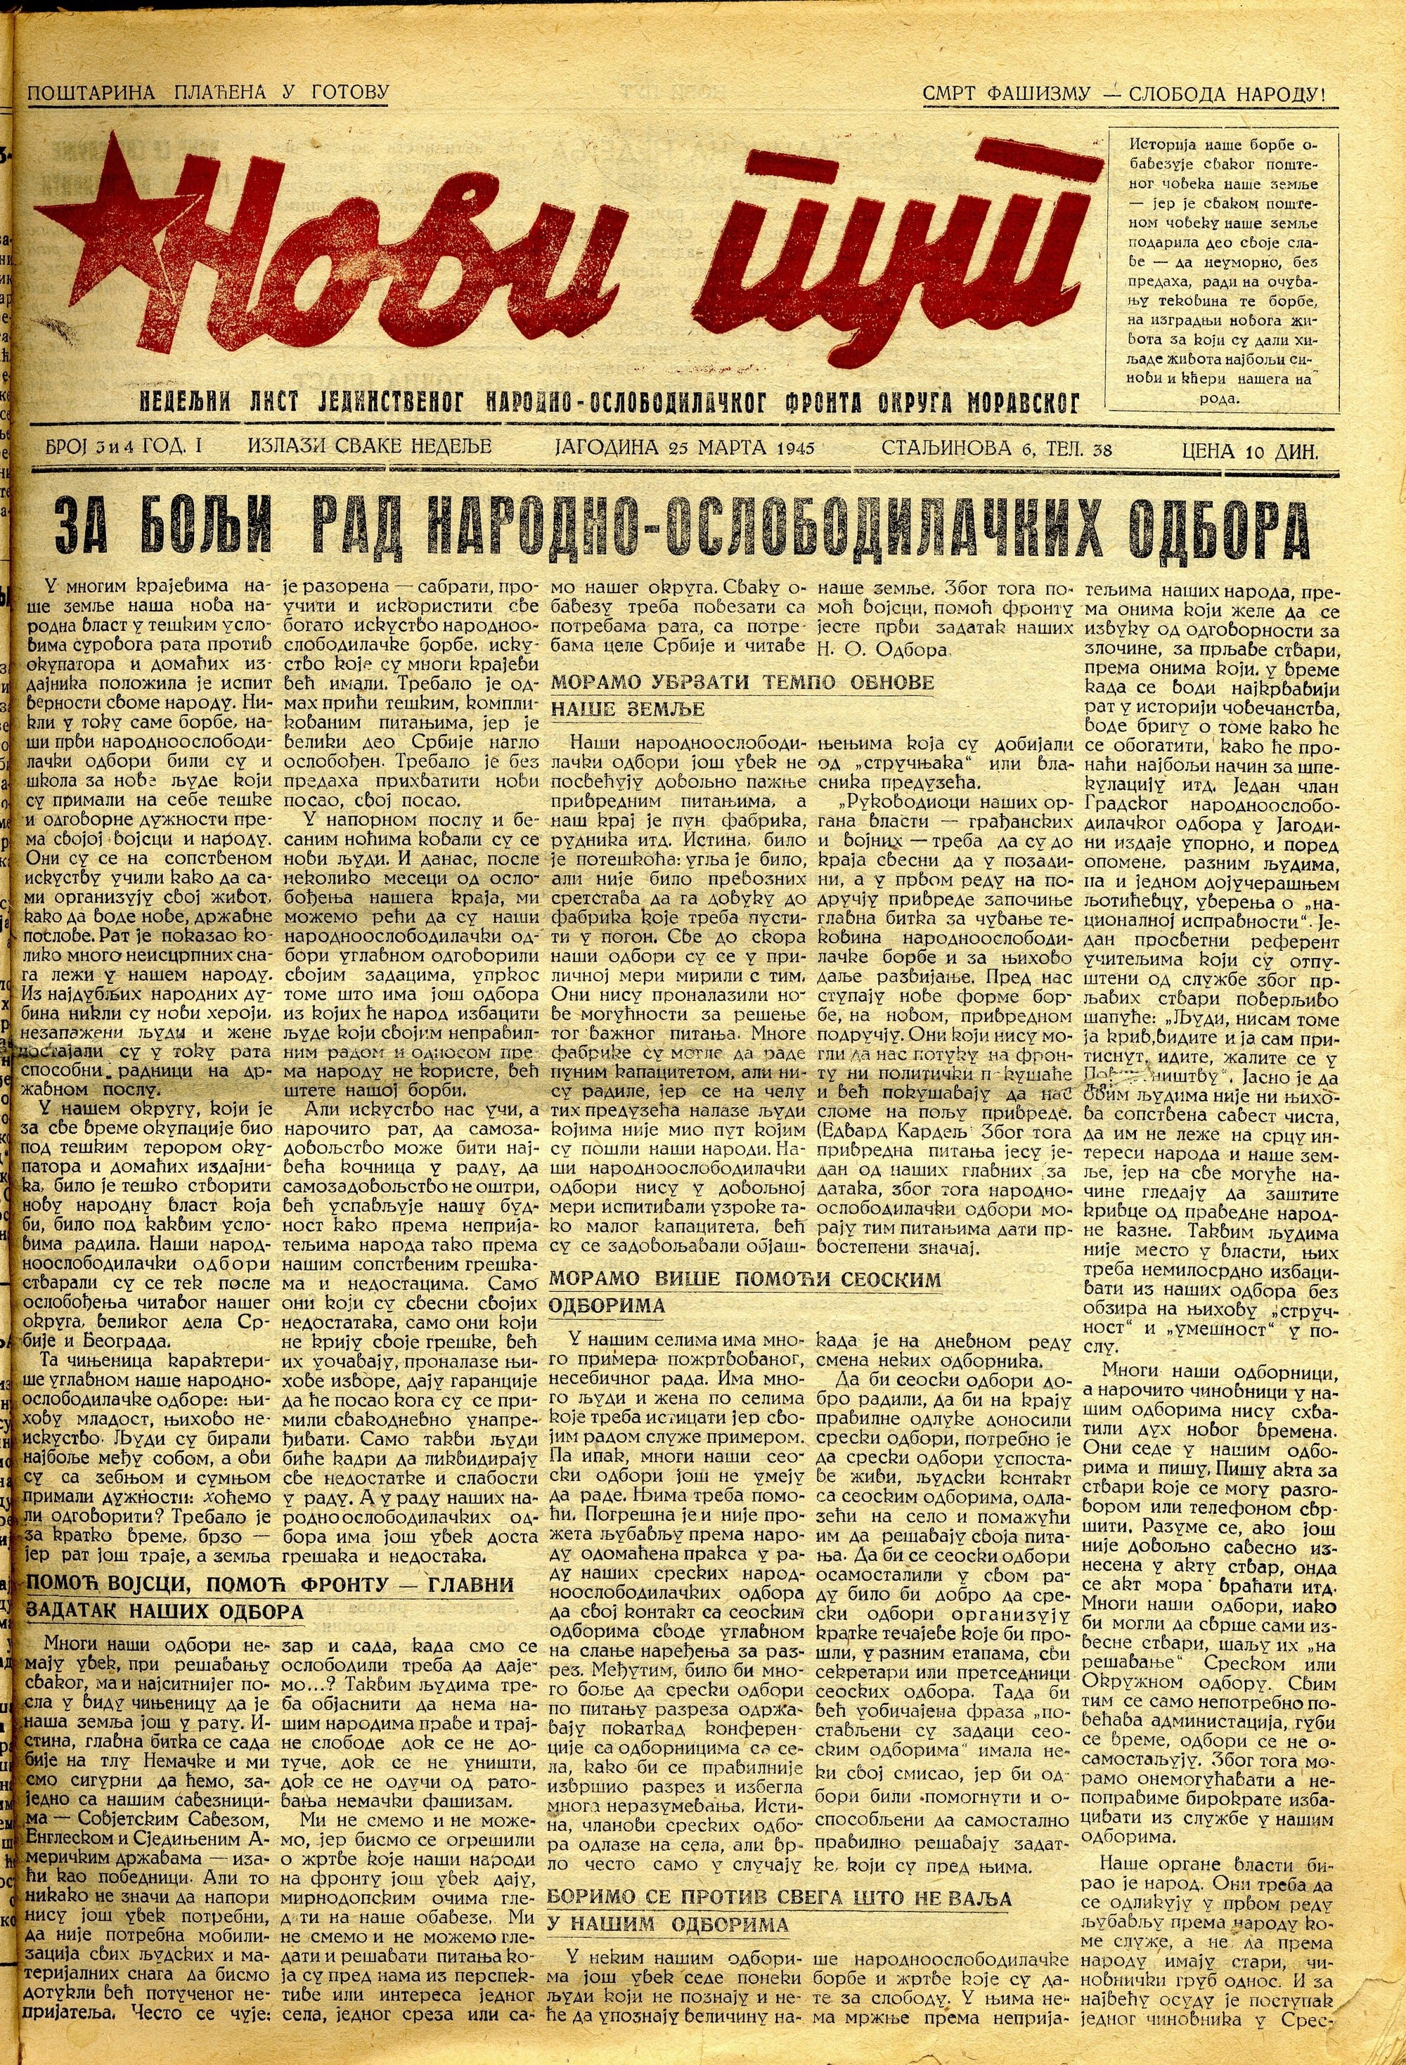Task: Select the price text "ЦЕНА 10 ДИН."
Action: tap(1249, 451)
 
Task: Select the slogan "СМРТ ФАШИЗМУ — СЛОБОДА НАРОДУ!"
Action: tap(1124, 93)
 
